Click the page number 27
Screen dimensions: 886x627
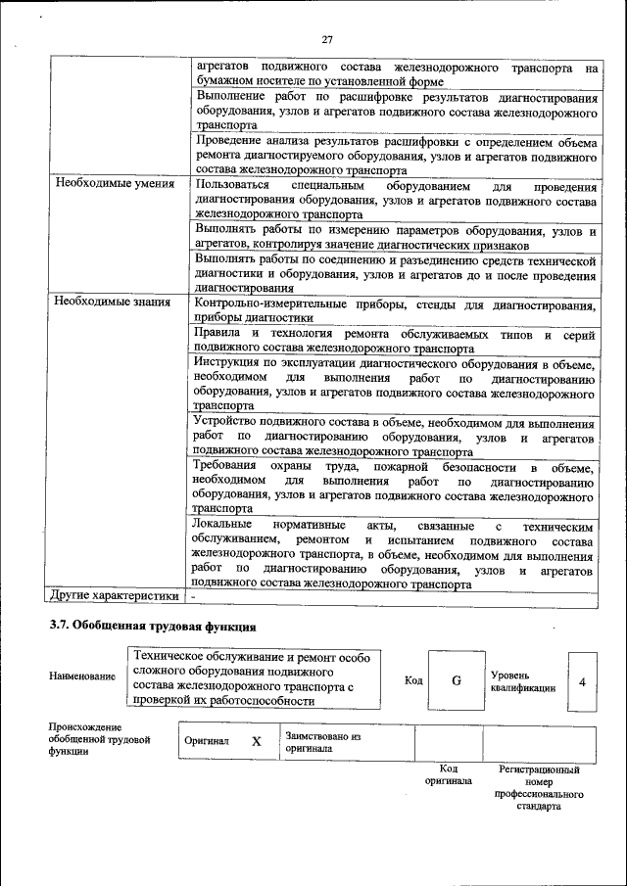(327, 39)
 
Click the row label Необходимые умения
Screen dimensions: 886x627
(115, 183)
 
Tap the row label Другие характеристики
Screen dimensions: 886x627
(115, 595)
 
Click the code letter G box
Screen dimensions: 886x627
(456, 680)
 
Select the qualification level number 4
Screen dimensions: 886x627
(582, 680)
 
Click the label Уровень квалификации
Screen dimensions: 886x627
(523, 681)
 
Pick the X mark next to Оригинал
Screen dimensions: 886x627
(257, 741)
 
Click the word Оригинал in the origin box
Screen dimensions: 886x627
(207, 741)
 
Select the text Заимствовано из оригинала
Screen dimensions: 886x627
(323, 741)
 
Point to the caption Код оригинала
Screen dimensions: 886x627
(448, 775)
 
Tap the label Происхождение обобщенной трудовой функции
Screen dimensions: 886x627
(99, 741)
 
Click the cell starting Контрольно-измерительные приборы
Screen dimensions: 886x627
(396, 310)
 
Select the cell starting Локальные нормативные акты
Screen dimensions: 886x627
(396, 554)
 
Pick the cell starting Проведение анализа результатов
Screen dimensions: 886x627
(396, 156)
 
